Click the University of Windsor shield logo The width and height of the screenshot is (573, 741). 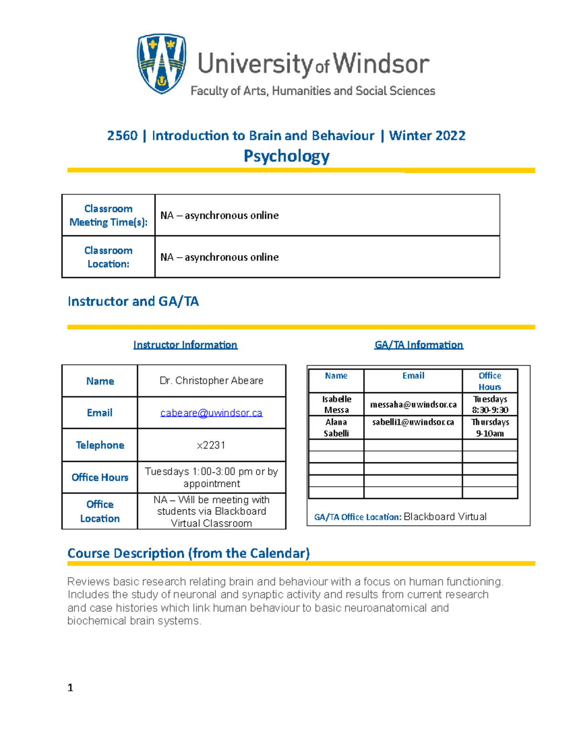coord(161,63)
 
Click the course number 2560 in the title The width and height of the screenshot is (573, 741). coord(122,136)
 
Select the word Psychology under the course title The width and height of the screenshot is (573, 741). coord(286,156)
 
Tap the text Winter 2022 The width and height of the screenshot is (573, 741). coord(427,136)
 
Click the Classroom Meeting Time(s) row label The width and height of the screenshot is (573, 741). coord(108,215)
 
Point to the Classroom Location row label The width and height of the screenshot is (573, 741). coord(108,257)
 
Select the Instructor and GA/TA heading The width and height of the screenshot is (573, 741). coord(133,302)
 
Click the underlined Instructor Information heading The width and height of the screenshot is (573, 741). coord(185,345)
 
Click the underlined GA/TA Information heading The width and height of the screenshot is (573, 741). coord(419,345)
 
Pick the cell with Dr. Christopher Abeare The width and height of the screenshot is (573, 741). coord(212,381)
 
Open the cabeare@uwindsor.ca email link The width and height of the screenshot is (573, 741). coord(212,413)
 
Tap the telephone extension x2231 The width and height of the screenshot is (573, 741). coord(211,445)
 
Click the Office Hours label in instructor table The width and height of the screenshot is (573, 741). coord(100,477)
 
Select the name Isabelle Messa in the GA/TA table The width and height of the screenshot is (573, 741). coord(337,404)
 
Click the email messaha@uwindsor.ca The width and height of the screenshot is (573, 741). coord(413,405)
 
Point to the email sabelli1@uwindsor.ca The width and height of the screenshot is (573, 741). coord(413,422)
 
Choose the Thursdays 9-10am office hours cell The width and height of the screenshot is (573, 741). coord(490,428)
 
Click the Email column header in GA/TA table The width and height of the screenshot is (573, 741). coord(413,376)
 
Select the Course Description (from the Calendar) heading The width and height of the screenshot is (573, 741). coord(189,553)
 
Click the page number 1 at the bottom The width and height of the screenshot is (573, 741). coord(70,688)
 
